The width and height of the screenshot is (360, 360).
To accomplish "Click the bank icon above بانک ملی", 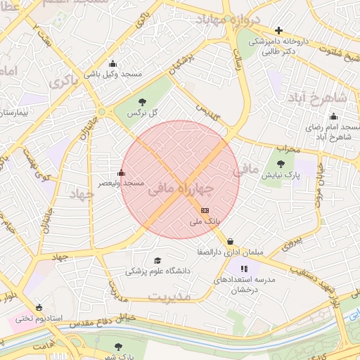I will [x=205, y=210].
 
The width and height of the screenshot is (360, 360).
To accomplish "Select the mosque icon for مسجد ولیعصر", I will [x=121, y=173].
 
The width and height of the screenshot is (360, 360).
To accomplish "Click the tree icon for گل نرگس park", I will [x=143, y=102].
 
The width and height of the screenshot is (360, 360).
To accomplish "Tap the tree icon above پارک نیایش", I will [x=290, y=164].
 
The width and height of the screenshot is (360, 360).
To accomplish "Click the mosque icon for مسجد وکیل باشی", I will [x=112, y=64].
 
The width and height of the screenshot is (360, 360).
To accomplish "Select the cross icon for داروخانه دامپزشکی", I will [x=279, y=30].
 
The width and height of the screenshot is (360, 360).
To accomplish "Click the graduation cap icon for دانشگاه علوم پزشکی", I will [x=157, y=260].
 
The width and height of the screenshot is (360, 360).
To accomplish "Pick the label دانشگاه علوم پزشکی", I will [x=157, y=271].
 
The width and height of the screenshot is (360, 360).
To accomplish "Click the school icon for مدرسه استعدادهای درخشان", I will [x=244, y=269].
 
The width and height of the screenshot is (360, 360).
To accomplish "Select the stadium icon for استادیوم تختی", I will [x=39, y=307].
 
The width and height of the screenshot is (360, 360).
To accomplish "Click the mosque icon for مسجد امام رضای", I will [x=333, y=117].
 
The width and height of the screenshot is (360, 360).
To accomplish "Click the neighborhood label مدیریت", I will [x=170, y=297].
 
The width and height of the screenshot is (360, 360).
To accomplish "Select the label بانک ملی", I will [x=205, y=221].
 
